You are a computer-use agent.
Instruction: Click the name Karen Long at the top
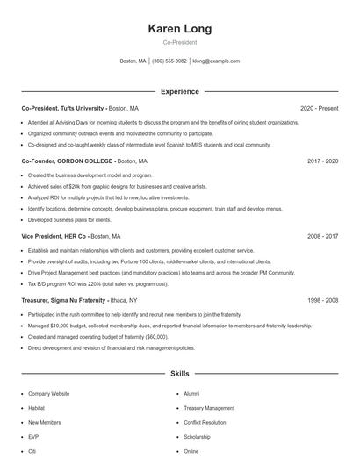coord(179,29)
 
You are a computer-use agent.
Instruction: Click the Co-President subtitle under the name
coord(179,42)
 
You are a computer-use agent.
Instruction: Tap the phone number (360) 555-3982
coord(169,61)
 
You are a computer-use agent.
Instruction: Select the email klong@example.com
coord(216,61)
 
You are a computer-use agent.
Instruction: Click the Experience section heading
coord(179,91)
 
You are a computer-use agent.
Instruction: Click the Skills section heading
coord(179,373)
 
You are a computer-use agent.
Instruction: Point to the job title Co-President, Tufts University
coord(62,108)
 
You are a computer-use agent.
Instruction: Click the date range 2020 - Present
coord(319,108)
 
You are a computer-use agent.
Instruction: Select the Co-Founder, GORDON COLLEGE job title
coord(68,161)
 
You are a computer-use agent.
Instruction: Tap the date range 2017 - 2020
coord(322,161)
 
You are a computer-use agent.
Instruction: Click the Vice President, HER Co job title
coord(54,237)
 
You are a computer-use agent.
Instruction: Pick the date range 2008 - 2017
coord(322,237)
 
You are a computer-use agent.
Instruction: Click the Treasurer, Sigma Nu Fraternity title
coord(63,300)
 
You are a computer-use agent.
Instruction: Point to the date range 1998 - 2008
coord(322,300)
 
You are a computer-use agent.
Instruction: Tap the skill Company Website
coord(49,394)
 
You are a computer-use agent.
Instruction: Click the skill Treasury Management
coord(209,408)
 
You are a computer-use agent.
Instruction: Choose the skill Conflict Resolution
coord(205,422)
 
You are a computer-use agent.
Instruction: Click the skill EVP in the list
coord(33,436)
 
